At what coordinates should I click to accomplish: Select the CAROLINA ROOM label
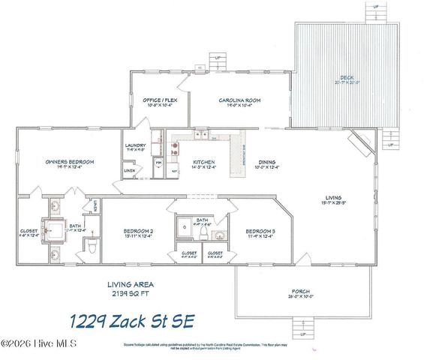(239, 100)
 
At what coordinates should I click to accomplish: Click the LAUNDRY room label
(135, 146)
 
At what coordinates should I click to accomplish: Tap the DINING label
(266, 162)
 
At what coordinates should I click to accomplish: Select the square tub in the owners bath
(54, 231)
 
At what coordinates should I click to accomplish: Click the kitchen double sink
(202, 136)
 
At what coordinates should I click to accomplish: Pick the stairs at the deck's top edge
(374, 12)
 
